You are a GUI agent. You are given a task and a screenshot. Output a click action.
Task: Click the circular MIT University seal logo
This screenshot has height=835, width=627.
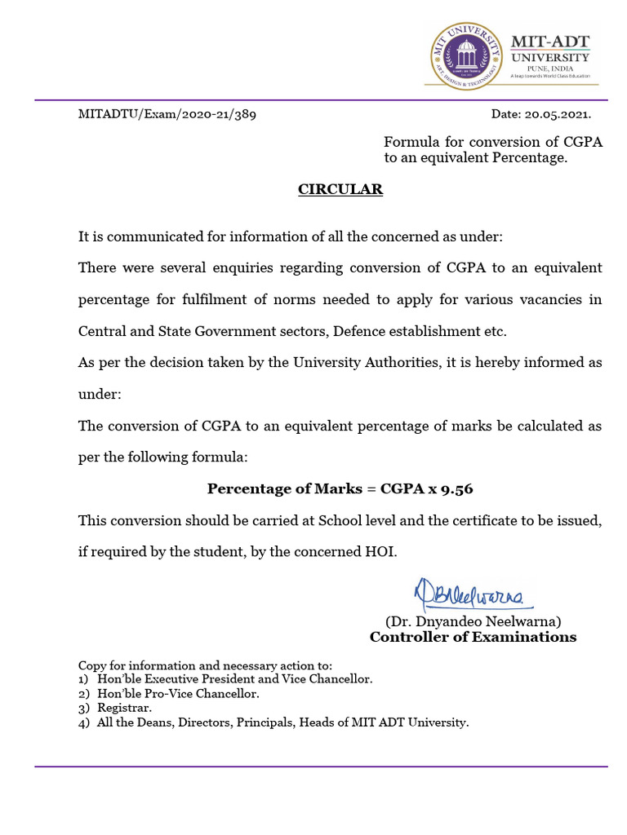coord(466,56)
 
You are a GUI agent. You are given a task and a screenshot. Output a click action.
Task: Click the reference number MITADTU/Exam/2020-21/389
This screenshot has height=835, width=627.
coord(167,114)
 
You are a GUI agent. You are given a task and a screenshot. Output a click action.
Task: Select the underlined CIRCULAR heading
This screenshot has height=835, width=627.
coord(340,189)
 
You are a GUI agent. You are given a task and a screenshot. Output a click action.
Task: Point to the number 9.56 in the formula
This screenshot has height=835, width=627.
coord(456,489)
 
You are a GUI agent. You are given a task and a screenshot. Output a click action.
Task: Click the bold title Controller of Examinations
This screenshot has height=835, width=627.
coord(473,637)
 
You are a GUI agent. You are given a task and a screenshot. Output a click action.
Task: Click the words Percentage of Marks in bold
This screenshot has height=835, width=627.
coord(273,489)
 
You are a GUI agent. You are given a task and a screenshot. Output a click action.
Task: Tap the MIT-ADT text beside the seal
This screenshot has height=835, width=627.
coord(549,41)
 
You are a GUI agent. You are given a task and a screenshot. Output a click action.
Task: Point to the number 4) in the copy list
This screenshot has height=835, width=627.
coord(83,722)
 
